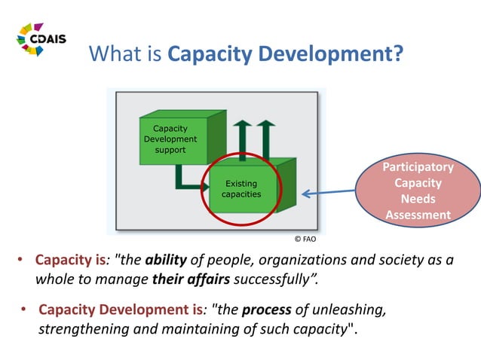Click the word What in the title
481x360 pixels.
point(113,55)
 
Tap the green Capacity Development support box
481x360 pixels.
point(170,139)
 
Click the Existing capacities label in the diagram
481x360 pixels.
point(240,188)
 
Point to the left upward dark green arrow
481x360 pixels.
point(241,139)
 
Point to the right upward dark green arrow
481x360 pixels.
point(265,139)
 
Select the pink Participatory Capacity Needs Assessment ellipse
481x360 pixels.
point(417,191)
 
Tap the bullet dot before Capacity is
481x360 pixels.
point(22,261)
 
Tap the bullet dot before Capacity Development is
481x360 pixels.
point(24,310)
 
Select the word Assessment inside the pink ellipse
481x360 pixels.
point(417,215)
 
